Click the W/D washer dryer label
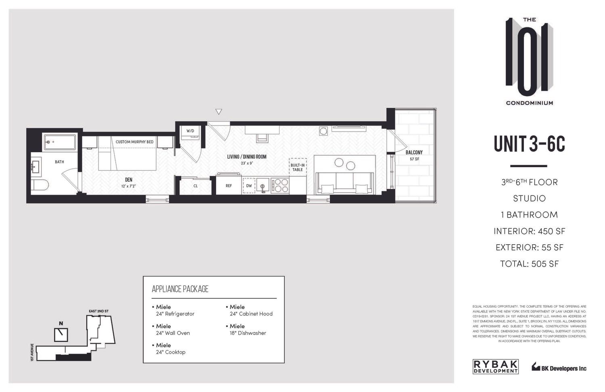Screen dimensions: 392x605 point(190,131)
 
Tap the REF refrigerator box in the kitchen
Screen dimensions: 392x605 point(229,186)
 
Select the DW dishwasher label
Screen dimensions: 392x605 point(249,186)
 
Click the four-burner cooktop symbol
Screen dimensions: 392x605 point(280,185)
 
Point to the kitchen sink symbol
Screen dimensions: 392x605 point(263,186)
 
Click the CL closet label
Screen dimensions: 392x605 point(196,186)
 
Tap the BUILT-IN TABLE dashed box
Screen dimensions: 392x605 point(298,167)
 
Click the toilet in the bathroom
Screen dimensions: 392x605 point(40,185)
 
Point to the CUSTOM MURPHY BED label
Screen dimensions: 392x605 point(134,142)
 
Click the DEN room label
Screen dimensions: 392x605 point(129,180)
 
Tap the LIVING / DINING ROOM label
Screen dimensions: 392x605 point(247,157)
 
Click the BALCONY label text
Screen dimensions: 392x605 point(414,153)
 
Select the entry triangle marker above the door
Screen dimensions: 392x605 point(219,112)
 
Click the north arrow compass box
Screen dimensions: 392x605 point(61,334)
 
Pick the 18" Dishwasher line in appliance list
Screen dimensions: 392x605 point(248,333)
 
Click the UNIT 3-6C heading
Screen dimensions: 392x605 point(529,143)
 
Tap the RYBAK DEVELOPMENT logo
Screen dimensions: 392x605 point(495,366)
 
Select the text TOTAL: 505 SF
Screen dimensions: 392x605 point(529,264)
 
